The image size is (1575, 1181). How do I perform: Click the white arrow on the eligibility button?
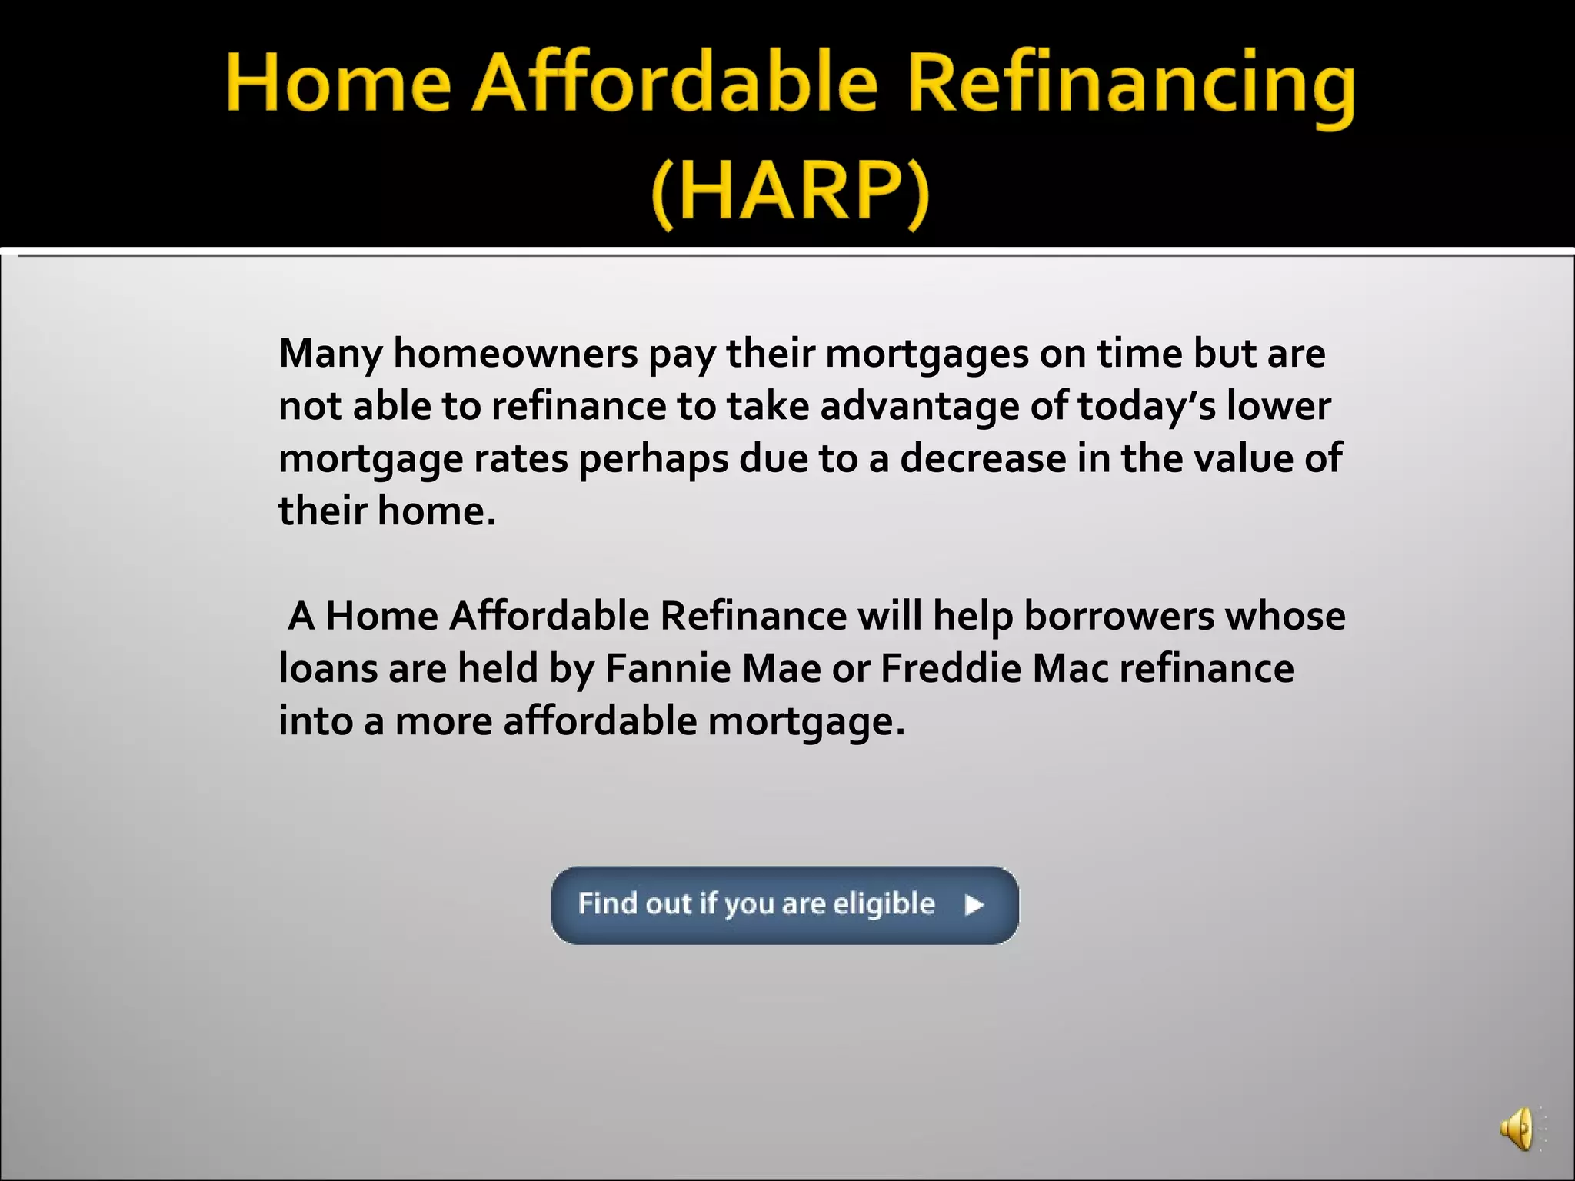click(974, 905)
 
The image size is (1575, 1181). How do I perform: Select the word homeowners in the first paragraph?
click(515, 354)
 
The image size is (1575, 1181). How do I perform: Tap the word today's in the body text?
click(1147, 407)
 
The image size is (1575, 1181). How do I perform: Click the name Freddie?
click(951, 669)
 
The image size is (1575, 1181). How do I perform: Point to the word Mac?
click(1071, 669)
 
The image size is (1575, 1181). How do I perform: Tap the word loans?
click(328, 669)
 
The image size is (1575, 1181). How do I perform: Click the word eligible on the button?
click(884, 905)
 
